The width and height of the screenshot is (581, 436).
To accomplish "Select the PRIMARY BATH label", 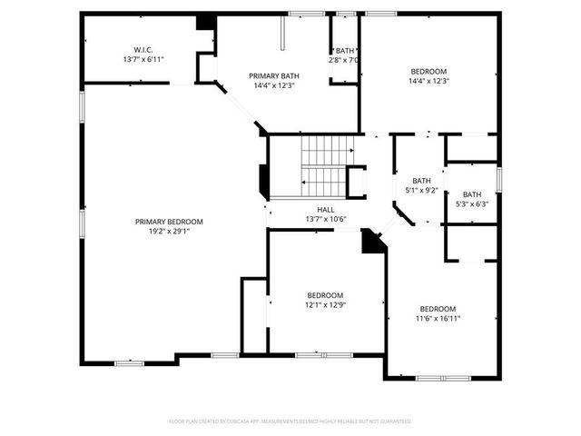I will (274, 75).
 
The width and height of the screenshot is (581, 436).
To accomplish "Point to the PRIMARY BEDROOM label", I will (169, 222).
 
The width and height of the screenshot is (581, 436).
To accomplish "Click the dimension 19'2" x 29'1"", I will (169, 231).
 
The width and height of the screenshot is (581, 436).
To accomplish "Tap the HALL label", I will (313, 210).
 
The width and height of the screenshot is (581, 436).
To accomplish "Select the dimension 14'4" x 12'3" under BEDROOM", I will (428, 81).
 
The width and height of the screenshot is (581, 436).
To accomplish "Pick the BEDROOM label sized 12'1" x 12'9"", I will (325, 295).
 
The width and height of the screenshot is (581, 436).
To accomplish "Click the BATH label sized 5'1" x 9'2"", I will (421, 180).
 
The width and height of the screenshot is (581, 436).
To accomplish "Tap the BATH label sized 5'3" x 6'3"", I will (472, 194).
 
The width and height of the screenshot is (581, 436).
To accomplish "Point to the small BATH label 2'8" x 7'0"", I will (345, 51).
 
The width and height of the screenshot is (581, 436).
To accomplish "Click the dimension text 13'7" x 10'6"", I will (313, 219).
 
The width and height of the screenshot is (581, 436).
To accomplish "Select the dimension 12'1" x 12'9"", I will (325, 304).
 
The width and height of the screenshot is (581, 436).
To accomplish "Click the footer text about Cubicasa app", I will (290, 421).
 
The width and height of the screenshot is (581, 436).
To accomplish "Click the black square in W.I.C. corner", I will (206, 22).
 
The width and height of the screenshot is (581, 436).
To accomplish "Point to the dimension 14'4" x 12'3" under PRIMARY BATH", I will (274, 85).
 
